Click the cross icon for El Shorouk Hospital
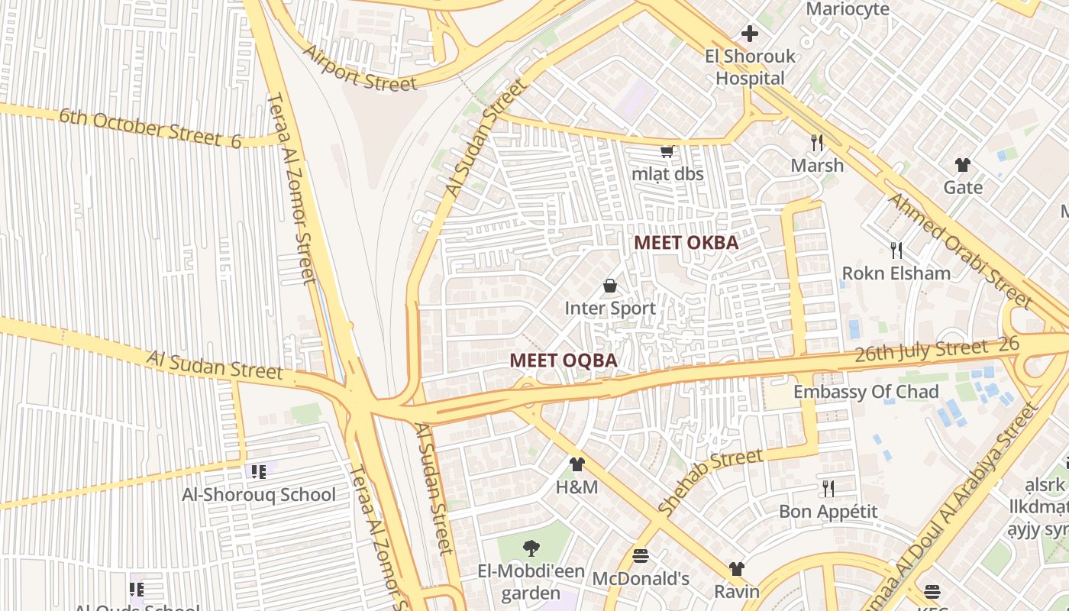(x=750, y=34)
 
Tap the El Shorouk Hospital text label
(x=750, y=67)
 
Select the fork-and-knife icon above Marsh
(x=817, y=143)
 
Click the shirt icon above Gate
(x=962, y=165)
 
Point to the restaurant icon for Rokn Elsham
(x=896, y=250)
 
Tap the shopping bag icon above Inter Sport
(x=610, y=286)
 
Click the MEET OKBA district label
(x=686, y=243)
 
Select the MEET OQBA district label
(x=563, y=360)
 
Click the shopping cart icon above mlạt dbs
(x=667, y=151)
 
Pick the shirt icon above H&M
(x=576, y=464)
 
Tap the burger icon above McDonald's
(x=641, y=555)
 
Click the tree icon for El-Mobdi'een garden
(x=530, y=548)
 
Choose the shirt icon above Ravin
(x=736, y=569)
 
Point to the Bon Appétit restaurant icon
(x=828, y=488)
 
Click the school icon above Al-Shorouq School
(x=259, y=471)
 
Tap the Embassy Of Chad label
(x=866, y=392)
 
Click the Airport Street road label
(x=360, y=68)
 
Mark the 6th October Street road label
(x=150, y=128)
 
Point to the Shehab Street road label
(x=709, y=481)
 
